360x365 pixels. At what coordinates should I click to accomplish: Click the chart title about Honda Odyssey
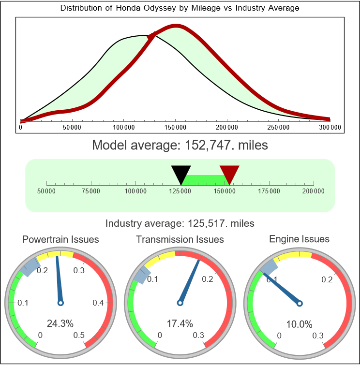(180, 8)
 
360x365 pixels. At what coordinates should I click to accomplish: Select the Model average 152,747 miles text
(180, 145)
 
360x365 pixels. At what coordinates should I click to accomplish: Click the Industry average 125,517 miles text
(180, 223)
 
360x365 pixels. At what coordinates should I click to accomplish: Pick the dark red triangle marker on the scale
(229, 174)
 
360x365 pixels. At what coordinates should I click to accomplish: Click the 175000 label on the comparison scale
(269, 191)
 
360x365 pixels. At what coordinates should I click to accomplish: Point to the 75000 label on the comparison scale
(91, 191)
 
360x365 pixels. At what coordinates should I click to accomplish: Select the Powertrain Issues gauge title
(60, 239)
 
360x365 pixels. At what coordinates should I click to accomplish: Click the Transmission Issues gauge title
(180, 239)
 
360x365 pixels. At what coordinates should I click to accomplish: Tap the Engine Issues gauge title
(299, 239)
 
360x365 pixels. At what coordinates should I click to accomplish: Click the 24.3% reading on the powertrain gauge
(60, 323)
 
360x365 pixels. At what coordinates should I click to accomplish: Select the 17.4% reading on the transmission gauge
(180, 323)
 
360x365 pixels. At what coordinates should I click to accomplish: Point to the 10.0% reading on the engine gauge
(299, 323)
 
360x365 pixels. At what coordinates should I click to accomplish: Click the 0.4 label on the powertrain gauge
(98, 303)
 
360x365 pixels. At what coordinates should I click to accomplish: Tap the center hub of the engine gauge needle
(300, 303)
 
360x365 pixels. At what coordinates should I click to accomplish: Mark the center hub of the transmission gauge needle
(180, 303)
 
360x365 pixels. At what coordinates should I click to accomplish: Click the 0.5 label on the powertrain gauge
(79, 336)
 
